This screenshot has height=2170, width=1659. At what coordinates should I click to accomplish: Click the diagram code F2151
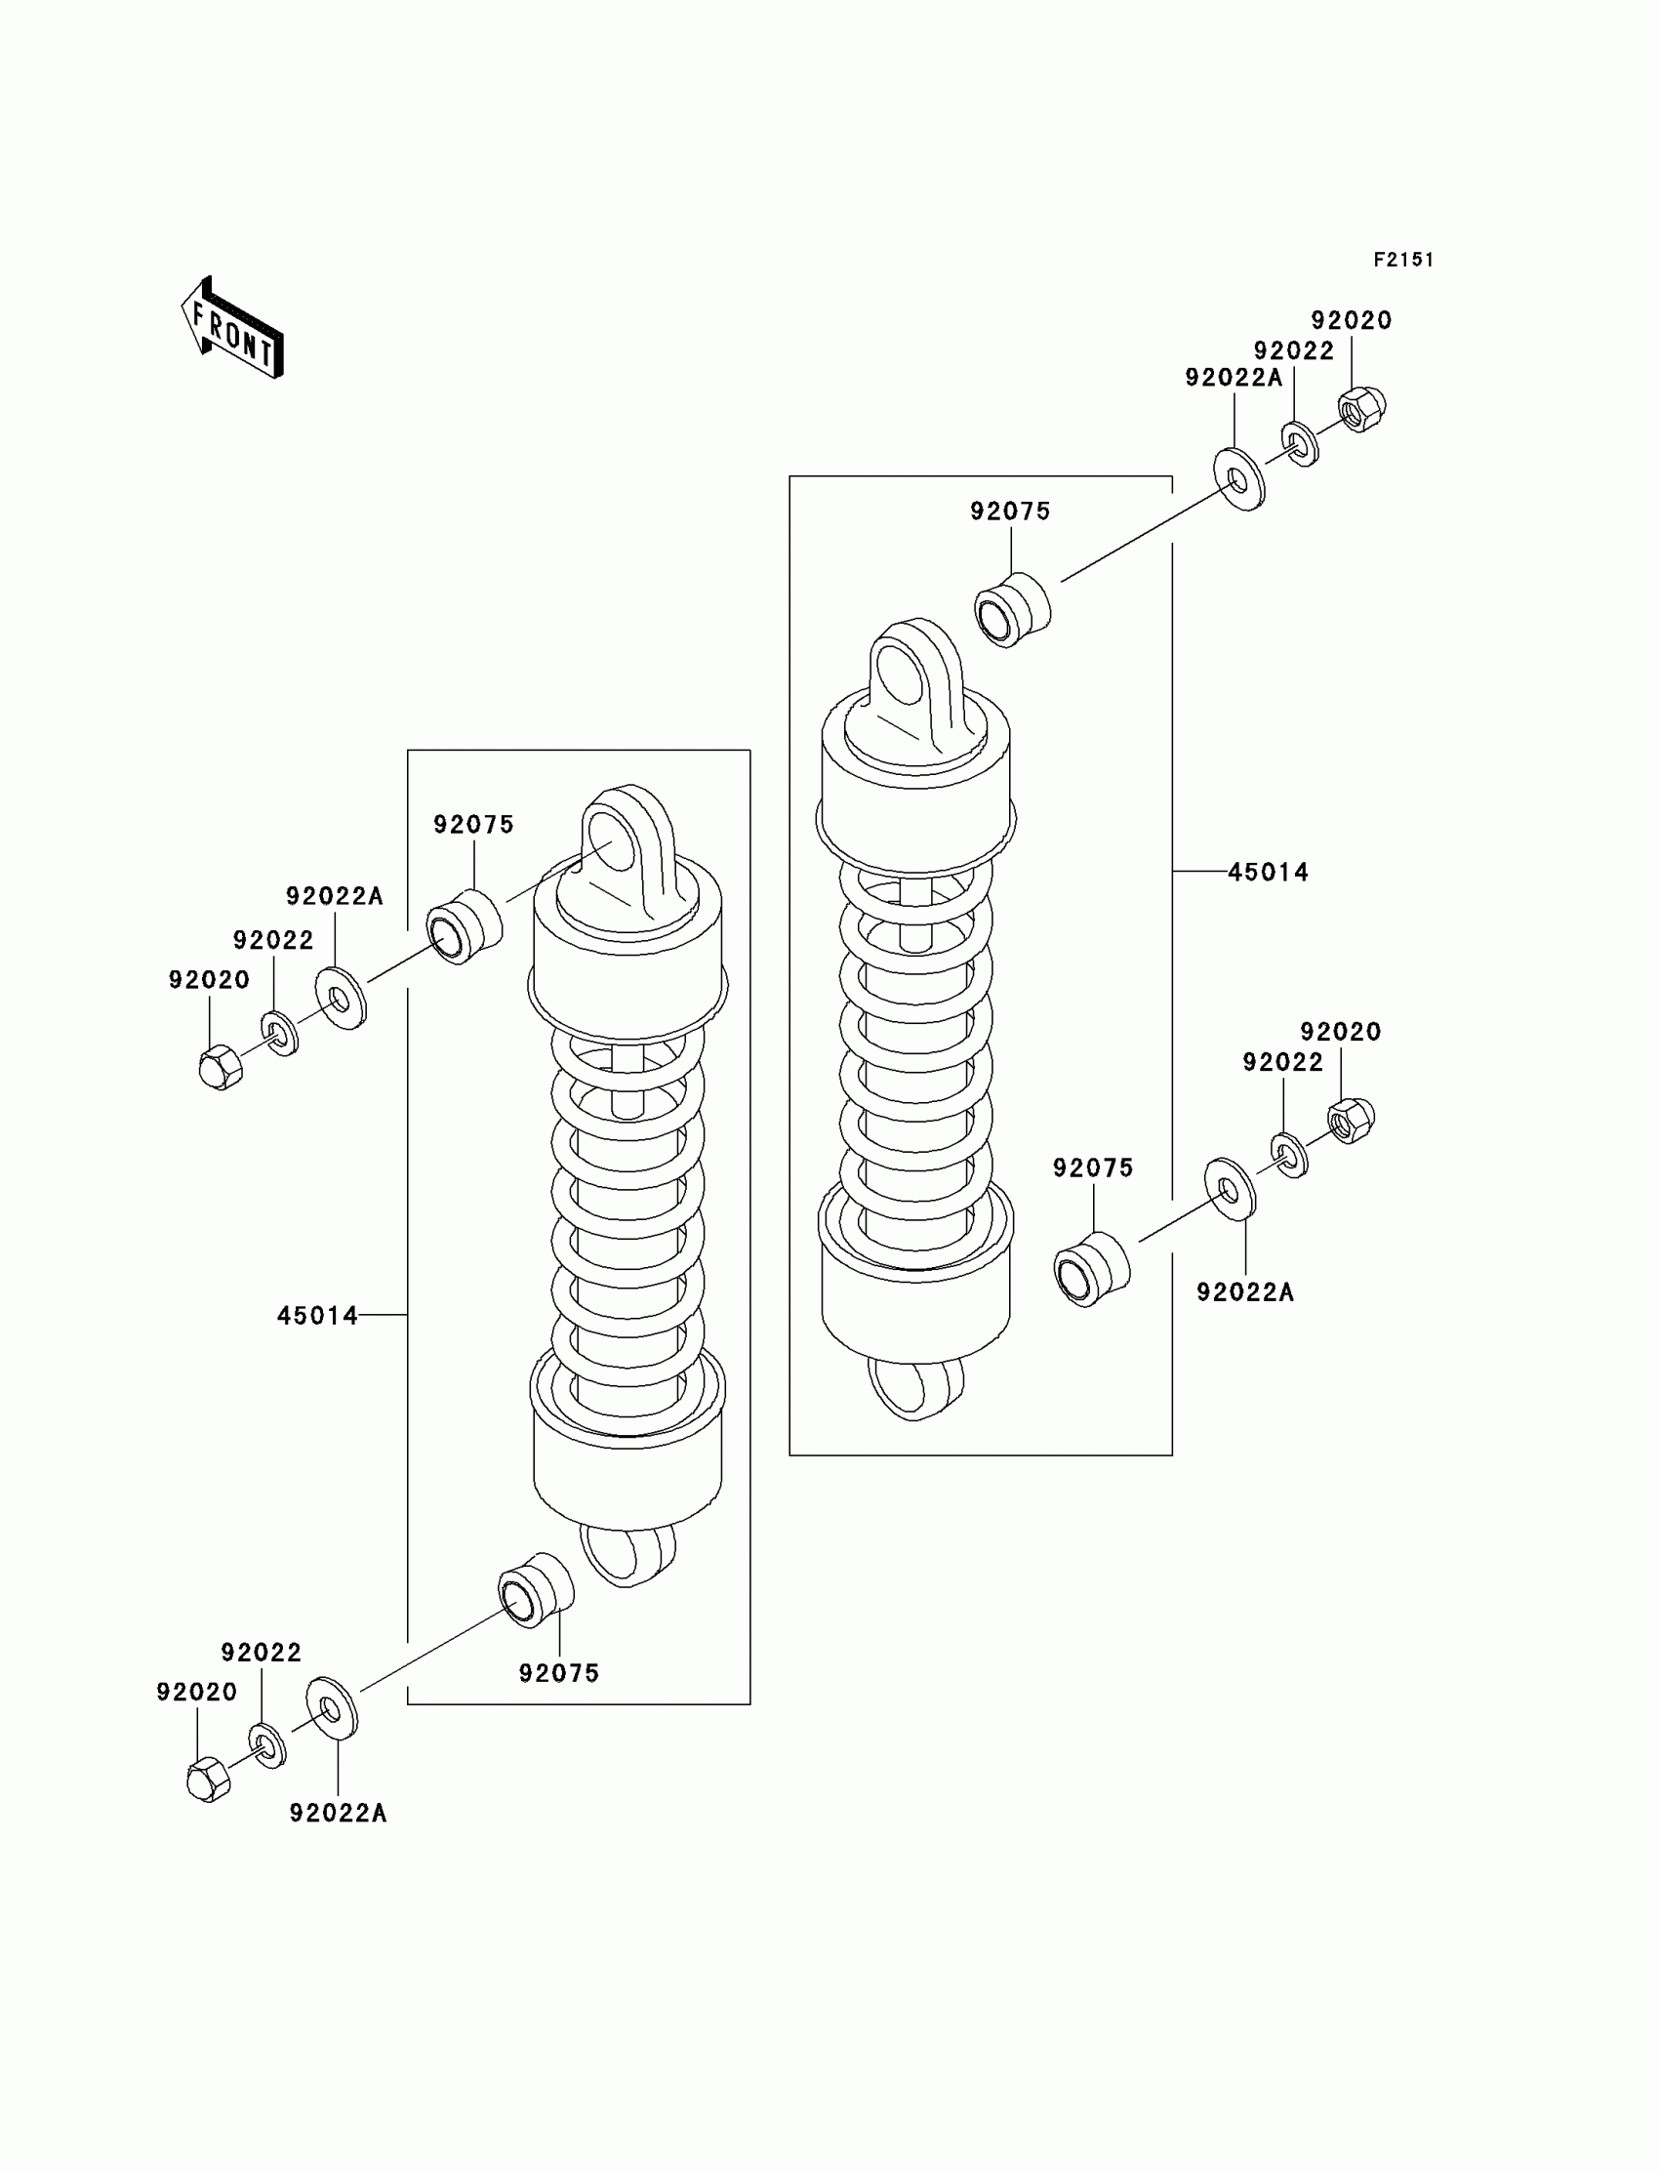[x=1403, y=260]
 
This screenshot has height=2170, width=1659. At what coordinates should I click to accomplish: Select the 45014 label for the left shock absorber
[x=317, y=1316]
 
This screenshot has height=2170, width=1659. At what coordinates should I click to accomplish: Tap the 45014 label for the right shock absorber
[x=1268, y=872]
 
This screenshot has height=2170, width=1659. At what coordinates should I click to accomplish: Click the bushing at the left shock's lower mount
[x=534, y=1589]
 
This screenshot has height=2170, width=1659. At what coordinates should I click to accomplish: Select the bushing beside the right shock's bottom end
[x=1091, y=1269]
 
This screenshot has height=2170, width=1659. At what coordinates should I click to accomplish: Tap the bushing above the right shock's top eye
[x=1012, y=609]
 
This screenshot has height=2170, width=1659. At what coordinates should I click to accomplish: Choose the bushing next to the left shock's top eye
[x=464, y=926]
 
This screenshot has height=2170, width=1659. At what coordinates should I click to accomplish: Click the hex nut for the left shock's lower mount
[x=207, y=1779]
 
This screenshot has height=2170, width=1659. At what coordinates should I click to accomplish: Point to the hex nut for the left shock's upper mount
[x=221, y=1067]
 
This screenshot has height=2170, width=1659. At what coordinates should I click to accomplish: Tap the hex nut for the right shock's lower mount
[x=1351, y=1120]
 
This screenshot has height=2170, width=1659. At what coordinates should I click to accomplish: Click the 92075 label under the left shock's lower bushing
[x=559, y=1673]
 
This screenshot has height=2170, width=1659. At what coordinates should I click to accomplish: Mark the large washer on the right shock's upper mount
[x=1238, y=479]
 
